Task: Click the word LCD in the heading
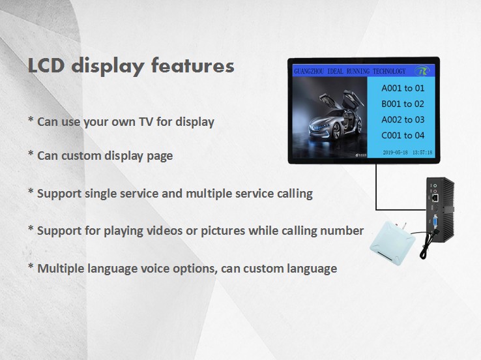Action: coord(46,65)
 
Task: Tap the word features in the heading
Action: coord(193,65)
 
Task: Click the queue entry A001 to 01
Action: coord(403,89)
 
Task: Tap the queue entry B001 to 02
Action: coord(403,104)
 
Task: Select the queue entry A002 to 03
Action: coord(403,120)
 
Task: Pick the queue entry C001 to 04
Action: coord(403,136)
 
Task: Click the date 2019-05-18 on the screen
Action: coord(395,153)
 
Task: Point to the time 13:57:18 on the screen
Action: coord(422,153)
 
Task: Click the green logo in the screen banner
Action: coord(422,71)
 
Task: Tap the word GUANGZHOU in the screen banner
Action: coord(309,72)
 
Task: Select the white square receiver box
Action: coord(392,243)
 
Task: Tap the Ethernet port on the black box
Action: coord(435,198)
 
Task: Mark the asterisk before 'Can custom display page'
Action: coord(31,153)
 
